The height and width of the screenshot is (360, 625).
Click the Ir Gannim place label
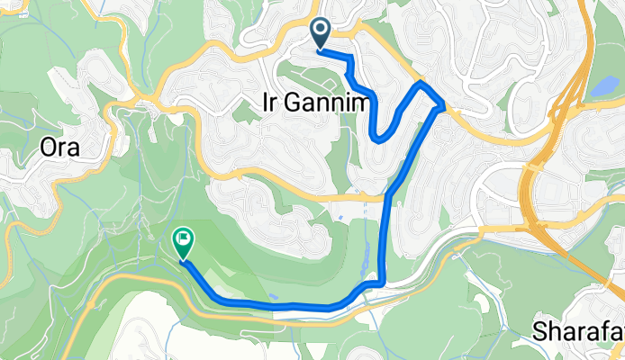(x=315, y=103)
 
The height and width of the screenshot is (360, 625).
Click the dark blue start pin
(x=321, y=33)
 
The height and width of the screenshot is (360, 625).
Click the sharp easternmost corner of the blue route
(x=443, y=106)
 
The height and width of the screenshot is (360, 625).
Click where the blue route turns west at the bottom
(x=382, y=284)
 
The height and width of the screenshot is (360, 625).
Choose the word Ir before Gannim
(x=270, y=103)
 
